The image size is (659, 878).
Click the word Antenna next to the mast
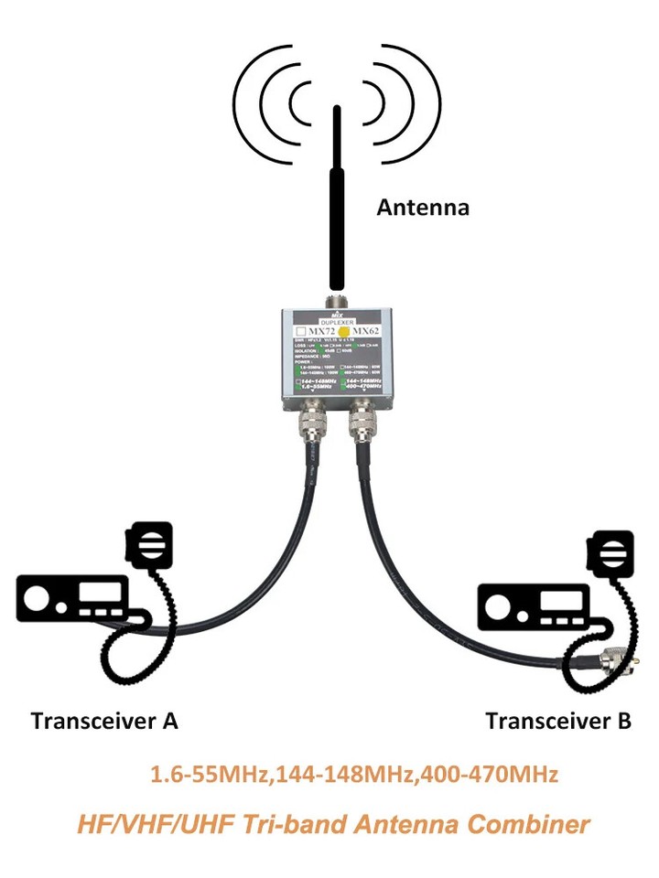click(423, 208)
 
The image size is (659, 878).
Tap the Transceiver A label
click(103, 721)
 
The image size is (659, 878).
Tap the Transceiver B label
click(558, 721)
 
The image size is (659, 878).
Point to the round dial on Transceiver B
click(499, 607)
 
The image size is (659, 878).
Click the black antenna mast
click(338, 201)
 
